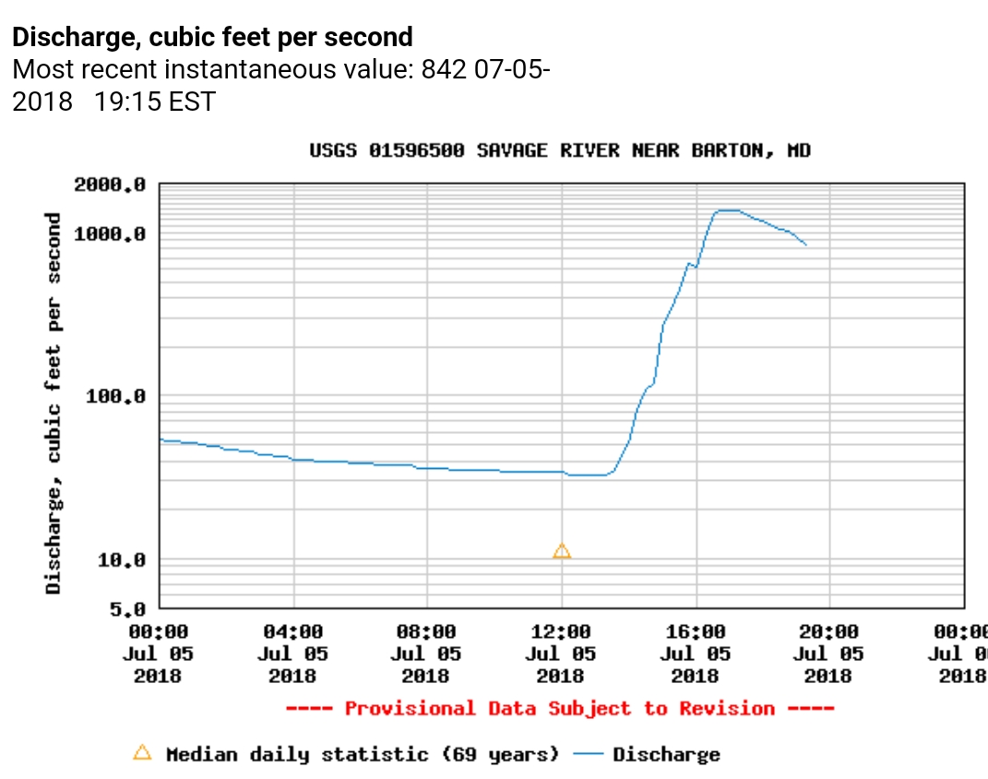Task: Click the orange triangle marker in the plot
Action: pyautogui.click(x=562, y=551)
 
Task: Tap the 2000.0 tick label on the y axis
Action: pyautogui.click(x=110, y=185)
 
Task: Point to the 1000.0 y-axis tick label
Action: pyautogui.click(x=110, y=234)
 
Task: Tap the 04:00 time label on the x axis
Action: pyautogui.click(x=293, y=632)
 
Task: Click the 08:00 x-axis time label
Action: pyautogui.click(x=427, y=632)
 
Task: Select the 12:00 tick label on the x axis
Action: pyautogui.click(x=561, y=632)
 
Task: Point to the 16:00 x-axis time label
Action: pyautogui.click(x=695, y=632)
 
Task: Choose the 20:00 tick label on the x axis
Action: pyautogui.click(x=828, y=632)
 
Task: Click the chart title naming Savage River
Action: pyautogui.click(x=560, y=150)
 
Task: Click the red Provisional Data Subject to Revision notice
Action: pyautogui.click(x=560, y=709)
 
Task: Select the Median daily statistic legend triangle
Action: pyautogui.click(x=142, y=753)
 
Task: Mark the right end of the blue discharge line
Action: pyautogui.click(x=806, y=245)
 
